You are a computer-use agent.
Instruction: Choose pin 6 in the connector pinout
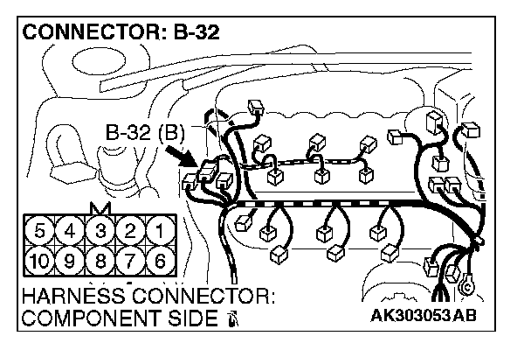tap(160, 261)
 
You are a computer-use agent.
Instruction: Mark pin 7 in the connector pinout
tap(130, 261)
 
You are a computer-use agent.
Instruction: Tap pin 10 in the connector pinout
tap(39, 261)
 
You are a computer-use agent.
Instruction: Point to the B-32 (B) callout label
tap(143, 134)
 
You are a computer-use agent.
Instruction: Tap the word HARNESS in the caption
tap(71, 296)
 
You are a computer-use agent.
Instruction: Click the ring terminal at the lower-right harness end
tap(467, 283)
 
